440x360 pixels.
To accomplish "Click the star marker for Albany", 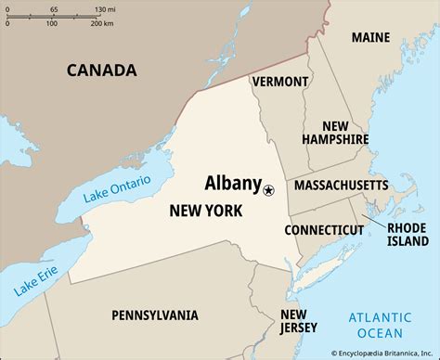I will [x=269, y=190].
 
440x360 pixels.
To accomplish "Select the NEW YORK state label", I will [x=206, y=212].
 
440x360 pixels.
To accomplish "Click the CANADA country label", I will [x=101, y=70].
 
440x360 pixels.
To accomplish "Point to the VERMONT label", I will [x=279, y=82].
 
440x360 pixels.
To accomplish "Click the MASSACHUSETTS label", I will [x=341, y=186].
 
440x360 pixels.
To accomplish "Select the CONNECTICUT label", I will [x=324, y=229].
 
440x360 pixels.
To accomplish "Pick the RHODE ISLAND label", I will [x=406, y=236].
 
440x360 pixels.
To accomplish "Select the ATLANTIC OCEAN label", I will [x=381, y=325].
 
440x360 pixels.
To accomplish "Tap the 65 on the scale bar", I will [x=53, y=8].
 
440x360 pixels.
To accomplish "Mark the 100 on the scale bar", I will [x=51, y=22].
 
